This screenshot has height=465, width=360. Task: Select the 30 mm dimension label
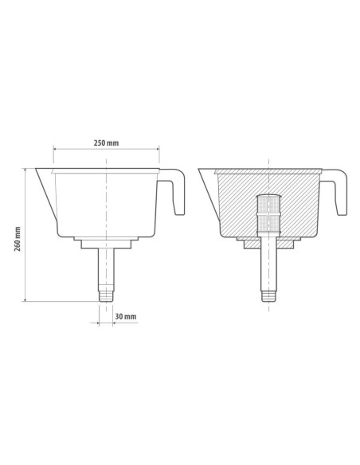[x=126, y=316]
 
